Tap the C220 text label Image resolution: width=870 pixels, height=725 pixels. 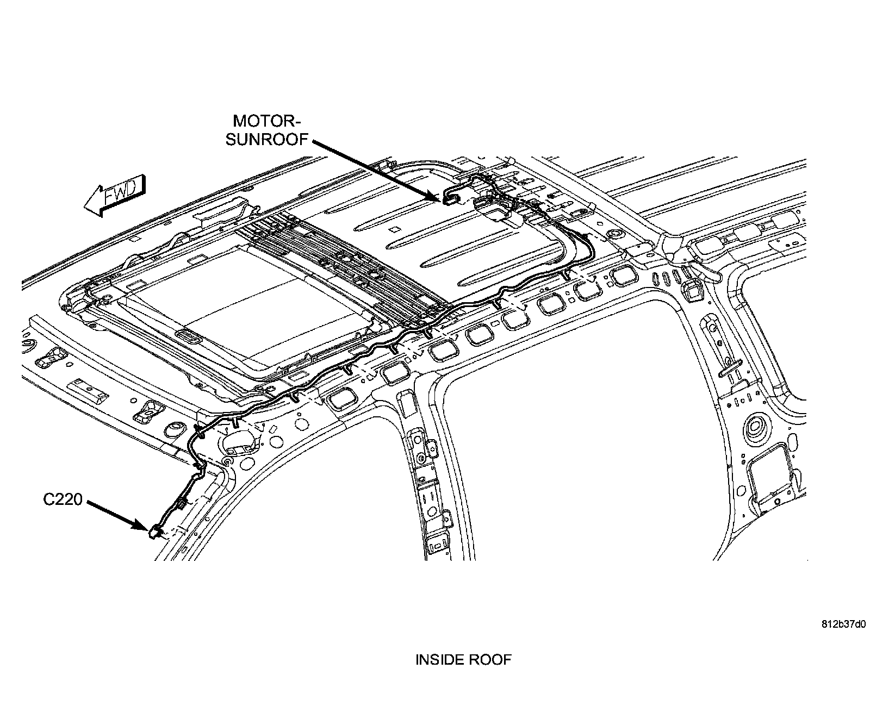point(63,500)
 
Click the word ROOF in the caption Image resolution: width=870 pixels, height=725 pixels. point(492,660)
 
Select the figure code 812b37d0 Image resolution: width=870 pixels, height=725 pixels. point(843,624)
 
